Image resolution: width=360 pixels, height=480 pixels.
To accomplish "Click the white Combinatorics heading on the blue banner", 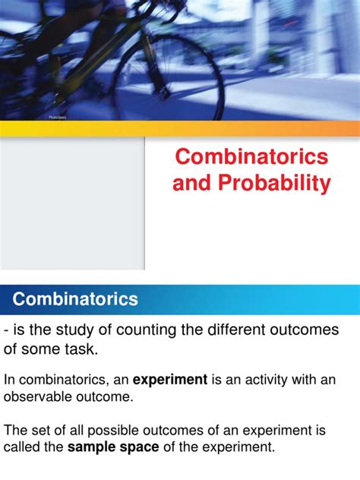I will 75,299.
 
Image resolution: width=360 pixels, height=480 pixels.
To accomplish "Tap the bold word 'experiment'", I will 170,380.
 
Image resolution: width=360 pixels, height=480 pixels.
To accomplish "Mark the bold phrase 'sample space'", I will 113,447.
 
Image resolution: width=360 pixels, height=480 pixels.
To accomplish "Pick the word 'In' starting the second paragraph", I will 10,380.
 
